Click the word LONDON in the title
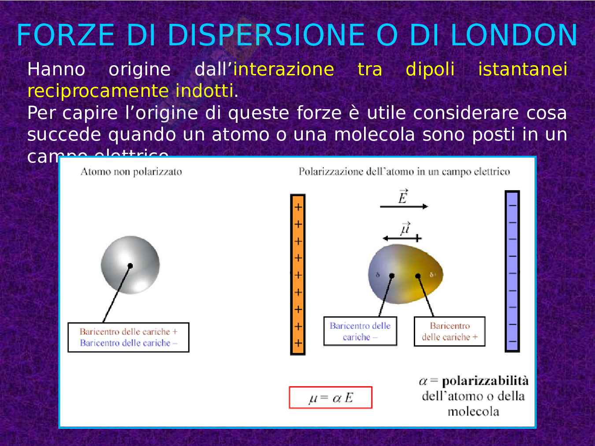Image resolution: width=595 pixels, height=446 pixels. pyautogui.click(x=513, y=35)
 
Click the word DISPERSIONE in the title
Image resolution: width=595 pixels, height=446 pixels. pyautogui.click(x=266, y=35)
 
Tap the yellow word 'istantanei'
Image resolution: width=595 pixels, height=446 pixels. pyautogui.click(x=522, y=70)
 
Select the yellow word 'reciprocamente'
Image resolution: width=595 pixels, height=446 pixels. pyautogui.click(x=98, y=91)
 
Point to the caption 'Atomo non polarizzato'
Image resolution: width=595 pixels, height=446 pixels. pyautogui.click(x=131, y=172)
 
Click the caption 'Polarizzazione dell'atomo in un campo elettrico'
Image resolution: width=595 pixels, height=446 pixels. pyautogui.click(x=404, y=172)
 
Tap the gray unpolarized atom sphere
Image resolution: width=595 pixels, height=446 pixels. pyautogui.click(x=130, y=265)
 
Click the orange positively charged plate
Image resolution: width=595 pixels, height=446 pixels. pyautogui.click(x=298, y=274)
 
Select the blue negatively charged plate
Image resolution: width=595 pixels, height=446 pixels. pyautogui.click(x=512, y=271)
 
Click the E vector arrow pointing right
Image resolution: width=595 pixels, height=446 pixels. pyautogui.click(x=403, y=206)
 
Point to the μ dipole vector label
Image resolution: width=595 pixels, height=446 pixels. pyautogui.click(x=405, y=229)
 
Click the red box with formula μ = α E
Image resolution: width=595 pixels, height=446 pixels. pyautogui.click(x=331, y=398)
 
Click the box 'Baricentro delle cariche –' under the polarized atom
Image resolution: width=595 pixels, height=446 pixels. pyautogui.click(x=360, y=331)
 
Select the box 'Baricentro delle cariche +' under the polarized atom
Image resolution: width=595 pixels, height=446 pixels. pyautogui.click(x=449, y=331)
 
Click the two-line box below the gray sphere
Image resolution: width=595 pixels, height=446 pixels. pyautogui.click(x=128, y=337)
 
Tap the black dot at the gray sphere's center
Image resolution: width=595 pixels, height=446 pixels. pyautogui.click(x=130, y=265)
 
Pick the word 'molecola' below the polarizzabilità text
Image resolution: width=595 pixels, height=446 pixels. pyautogui.click(x=473, y=412)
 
